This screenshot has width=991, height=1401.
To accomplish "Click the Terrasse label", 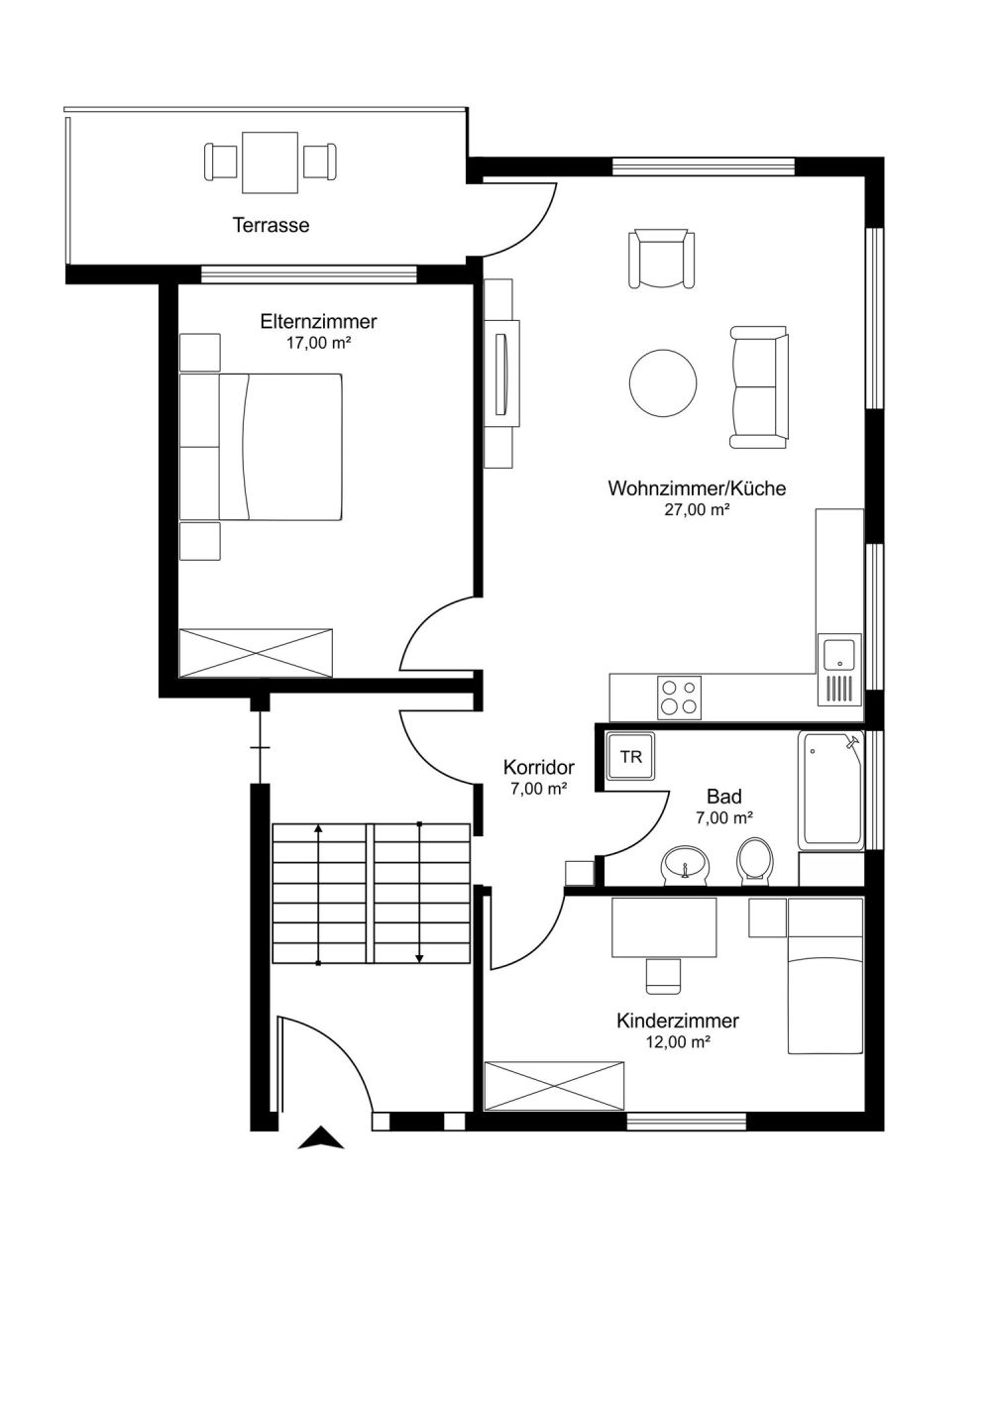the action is click(271, 225).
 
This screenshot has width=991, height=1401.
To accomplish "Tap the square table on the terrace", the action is click(270, 162).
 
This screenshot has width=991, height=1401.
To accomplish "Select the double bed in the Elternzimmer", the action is click(261, 447).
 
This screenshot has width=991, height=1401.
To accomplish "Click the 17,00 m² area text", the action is click(318, 343).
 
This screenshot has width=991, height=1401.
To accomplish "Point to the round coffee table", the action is click(663, 382).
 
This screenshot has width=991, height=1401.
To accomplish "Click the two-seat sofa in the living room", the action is click(759, 387).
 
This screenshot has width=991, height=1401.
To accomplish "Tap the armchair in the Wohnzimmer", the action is click(661, 259).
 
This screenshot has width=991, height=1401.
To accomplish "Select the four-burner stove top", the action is click(679, 698).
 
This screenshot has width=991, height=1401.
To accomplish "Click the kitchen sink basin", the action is click(839, 654).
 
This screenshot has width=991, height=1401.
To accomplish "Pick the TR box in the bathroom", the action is click(630, 757).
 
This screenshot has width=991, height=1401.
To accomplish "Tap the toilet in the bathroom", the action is click(754, 861).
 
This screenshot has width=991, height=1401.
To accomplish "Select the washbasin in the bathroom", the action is click(685, 866).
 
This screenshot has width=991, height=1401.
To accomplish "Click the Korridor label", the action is click(539, 767).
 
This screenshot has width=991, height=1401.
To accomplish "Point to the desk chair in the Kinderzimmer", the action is click(663, 975).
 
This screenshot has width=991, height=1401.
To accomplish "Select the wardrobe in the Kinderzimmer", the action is click(554, 1086).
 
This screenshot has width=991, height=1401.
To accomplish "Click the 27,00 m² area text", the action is click(697, 509).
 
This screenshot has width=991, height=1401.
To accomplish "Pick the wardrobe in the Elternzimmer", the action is click(256, 652).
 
